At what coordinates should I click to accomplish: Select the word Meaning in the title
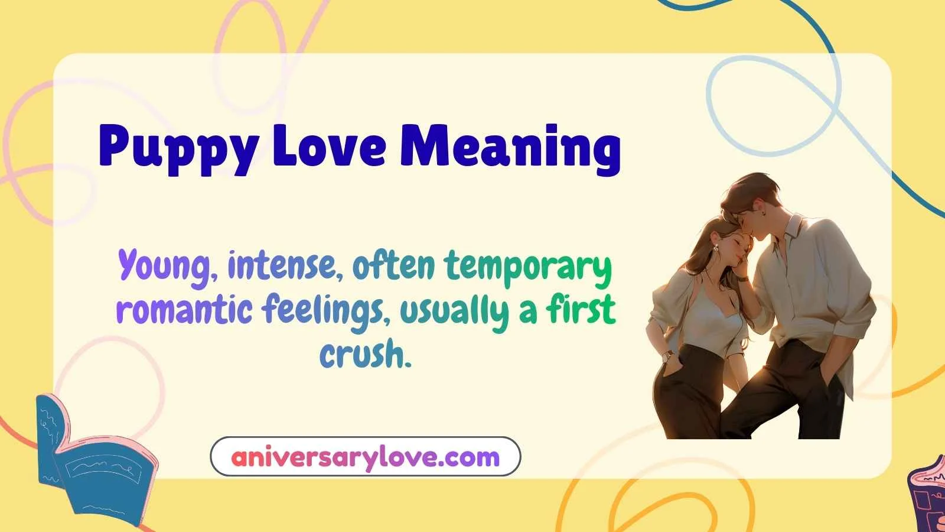pos(510,148)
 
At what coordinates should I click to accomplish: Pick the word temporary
pos(528,267)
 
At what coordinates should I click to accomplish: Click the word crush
pos(364,355)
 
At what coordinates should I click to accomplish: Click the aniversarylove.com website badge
pos(366,457)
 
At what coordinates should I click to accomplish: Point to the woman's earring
pos(716,248)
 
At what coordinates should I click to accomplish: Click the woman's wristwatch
pos(668,356)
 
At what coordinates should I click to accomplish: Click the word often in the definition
pos(394,266)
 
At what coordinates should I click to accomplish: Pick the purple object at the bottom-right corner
pos(927,497)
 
